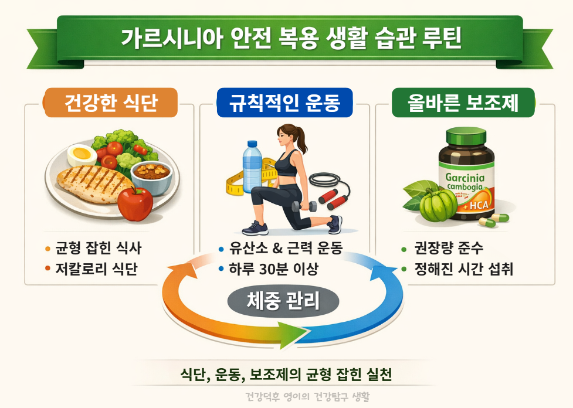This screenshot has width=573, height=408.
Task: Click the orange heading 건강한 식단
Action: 111,104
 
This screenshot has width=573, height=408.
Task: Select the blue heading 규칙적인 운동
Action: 285,104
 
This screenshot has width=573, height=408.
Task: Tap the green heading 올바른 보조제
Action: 463,104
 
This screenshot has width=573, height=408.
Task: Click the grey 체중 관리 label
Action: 283,302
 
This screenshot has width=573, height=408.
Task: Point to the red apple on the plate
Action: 135,203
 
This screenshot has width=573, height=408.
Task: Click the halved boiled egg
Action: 82,156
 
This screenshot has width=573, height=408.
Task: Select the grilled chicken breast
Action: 88,183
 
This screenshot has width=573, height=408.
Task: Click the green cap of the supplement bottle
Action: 466,137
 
